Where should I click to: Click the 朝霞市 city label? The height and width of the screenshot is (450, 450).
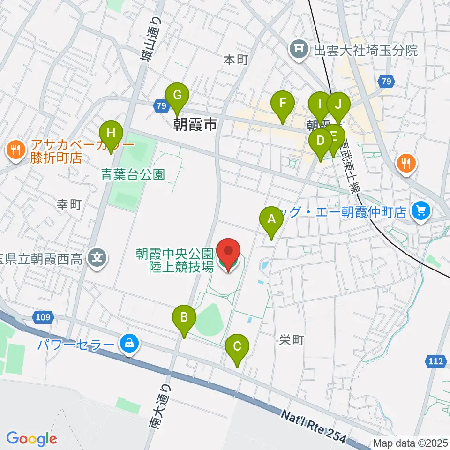tap(195, 124)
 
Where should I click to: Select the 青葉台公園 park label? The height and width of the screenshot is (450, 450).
tap(133, 175)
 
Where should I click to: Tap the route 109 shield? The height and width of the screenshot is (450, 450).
tap(42, 317)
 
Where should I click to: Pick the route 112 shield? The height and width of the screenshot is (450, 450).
tap(436, 361)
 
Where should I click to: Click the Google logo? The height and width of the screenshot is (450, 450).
tap(31, 439)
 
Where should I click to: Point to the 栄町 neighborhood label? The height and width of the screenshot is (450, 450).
tap(292, 340)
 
